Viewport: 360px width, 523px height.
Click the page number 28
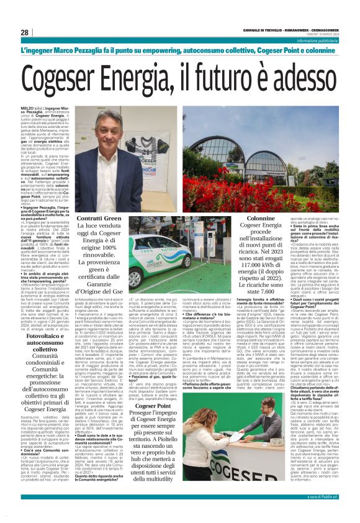[x=24, y=32]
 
